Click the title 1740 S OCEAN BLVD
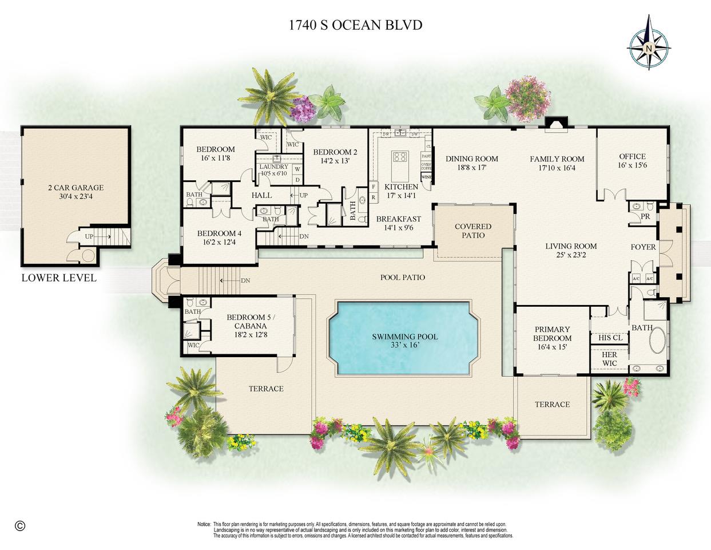pos(355,25)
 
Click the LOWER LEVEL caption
pos(59,278)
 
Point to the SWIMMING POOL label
pos(404,337)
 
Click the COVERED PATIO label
pos(473,231)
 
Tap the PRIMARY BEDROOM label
pos(552,334)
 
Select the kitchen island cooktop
pos(400,157)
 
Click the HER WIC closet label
pos(609,359)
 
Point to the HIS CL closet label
pos(610,338)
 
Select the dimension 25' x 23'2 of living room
pos(571,256)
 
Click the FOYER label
pos(643,247)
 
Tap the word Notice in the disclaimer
pos(204,524)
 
